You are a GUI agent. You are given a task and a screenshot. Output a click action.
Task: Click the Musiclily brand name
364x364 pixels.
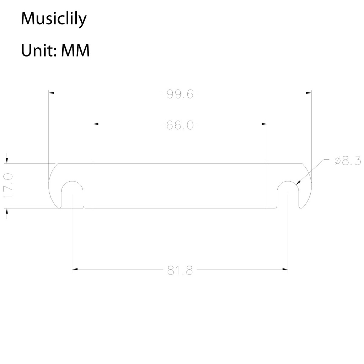click(54, 18)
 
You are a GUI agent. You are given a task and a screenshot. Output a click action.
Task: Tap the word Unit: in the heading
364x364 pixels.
click(39, 50)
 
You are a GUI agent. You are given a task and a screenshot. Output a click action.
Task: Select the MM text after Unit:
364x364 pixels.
click(75, 50)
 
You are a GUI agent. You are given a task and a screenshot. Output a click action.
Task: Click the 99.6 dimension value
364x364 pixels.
click(180, 94)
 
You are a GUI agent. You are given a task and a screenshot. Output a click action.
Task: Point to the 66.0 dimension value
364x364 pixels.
click(180, 125)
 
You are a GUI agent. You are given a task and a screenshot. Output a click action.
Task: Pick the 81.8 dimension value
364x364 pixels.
click(180, 271)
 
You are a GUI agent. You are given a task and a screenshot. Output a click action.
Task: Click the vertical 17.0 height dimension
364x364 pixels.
click(9, 186)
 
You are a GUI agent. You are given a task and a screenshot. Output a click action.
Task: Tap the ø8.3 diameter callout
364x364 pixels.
click(348, 161)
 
